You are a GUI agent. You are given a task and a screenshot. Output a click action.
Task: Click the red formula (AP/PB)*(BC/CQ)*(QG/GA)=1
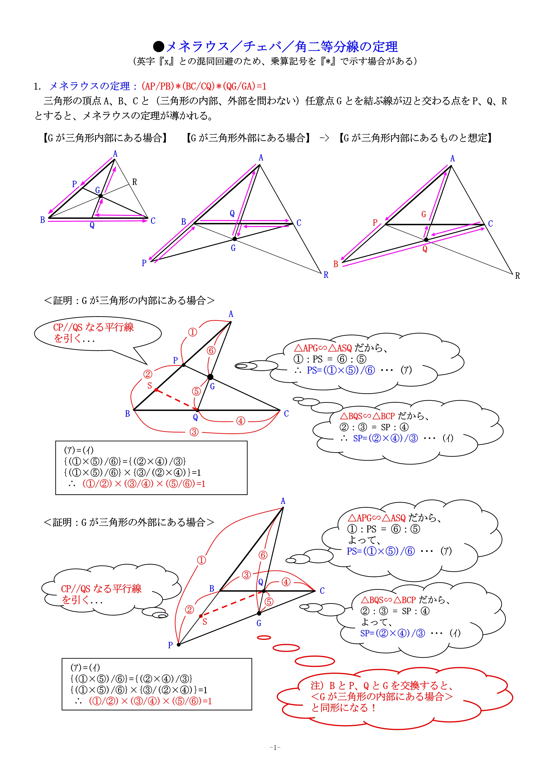204,86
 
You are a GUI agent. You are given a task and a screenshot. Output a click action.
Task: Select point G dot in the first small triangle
101,196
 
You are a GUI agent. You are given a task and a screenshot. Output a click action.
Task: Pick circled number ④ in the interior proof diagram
241,421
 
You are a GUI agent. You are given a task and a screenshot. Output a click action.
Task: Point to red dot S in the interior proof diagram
156,390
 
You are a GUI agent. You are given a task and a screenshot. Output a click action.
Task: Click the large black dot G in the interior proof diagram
210,377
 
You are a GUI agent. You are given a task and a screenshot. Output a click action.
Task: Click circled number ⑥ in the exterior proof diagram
263,555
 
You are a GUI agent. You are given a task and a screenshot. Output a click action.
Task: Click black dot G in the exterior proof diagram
259,613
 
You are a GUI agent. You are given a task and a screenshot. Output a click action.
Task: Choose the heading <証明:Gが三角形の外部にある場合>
129,522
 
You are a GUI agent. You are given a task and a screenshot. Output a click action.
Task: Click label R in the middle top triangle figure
326,275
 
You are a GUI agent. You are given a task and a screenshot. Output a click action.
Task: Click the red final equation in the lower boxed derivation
150,701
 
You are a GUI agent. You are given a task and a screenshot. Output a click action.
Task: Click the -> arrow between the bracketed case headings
324,138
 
